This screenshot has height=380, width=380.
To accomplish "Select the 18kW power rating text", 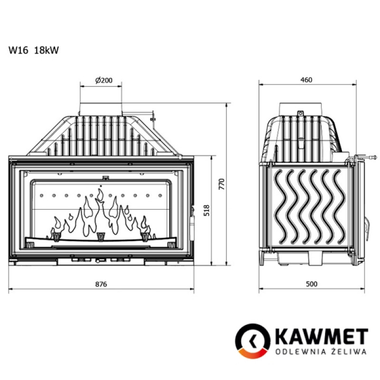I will [x=47, y=50].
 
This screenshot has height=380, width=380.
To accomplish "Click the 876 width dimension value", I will [x=101, y=284].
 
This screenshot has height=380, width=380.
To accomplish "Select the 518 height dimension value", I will [x=206, y=210].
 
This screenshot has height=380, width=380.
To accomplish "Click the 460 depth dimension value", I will [x=306, y=80].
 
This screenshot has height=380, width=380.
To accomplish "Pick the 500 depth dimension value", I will [x=312, y=284].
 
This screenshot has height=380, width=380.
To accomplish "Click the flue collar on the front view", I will [x=101, y=108].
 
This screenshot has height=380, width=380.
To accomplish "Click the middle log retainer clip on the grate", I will [x=100, y=236].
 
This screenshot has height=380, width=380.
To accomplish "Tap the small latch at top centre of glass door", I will [x=105, y=178].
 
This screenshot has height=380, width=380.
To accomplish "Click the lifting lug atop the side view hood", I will [x=300, y=114].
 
